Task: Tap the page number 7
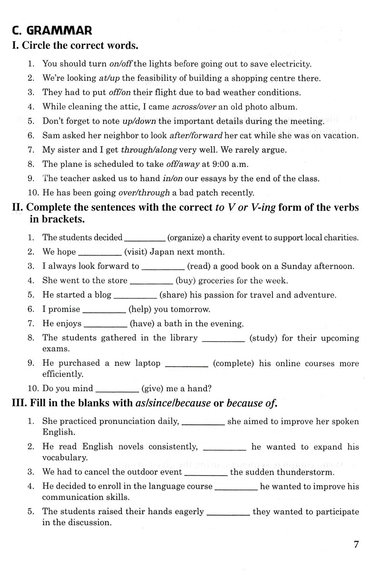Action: point(356,545)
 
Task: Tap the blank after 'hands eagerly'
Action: point(229,512)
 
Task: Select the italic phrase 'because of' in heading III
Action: point(252,404)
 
